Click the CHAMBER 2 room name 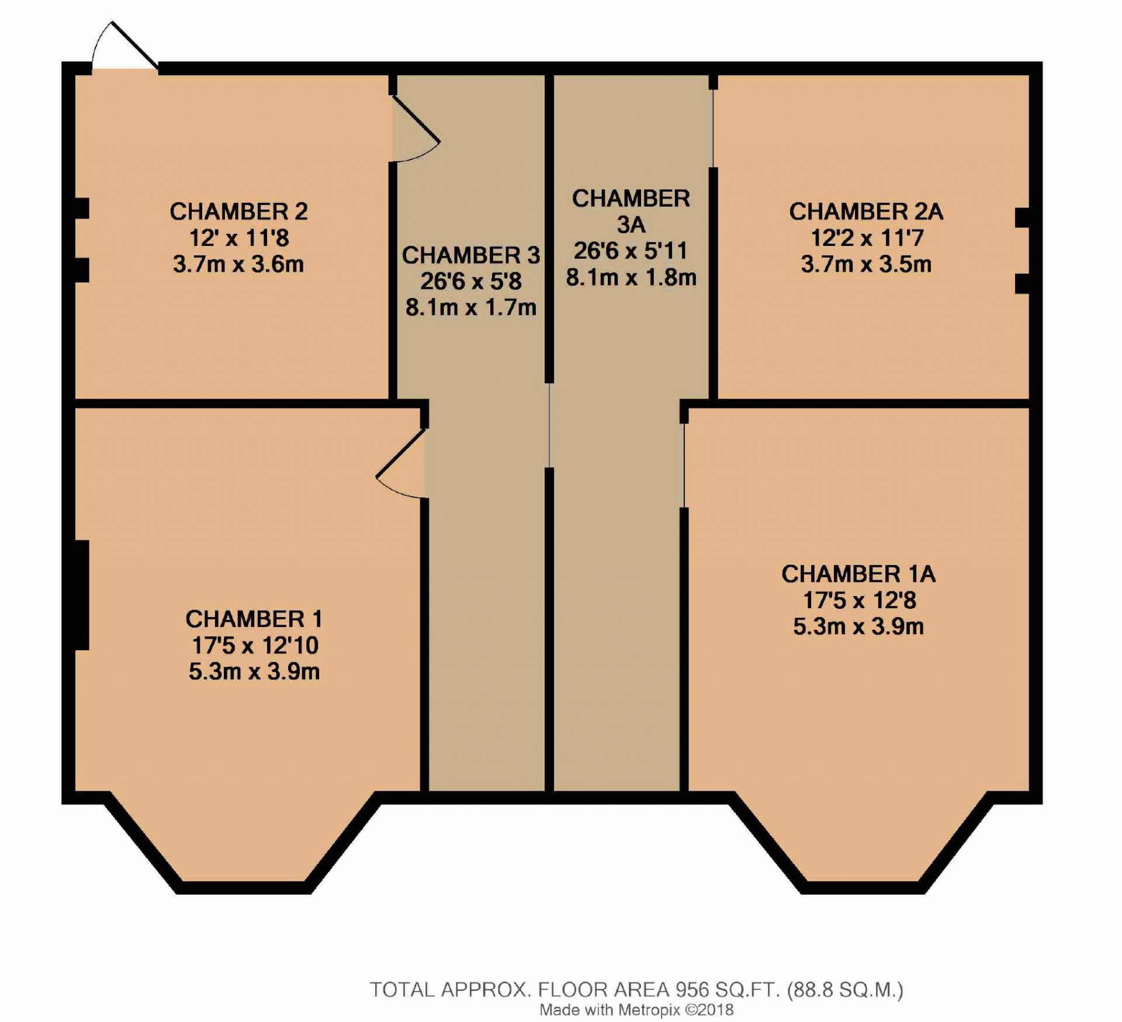(238, 212)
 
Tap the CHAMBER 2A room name (866, 212)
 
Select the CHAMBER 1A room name (858, 574)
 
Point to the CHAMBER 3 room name (471, 255)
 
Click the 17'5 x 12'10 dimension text (255, 646)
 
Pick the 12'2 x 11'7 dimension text (867, 238)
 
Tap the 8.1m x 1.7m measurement (471, 307)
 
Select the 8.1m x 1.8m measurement (631, 278)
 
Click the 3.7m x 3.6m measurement (238, 264)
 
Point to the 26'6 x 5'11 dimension (631, 251)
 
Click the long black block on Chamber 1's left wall (82, 595)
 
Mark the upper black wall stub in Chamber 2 (82, 209)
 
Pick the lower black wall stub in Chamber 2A (1022, 283)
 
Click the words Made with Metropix (610, 1010)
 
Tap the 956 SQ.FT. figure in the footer (728, 990)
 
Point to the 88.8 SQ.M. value (845, 990)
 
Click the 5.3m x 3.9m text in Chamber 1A (858, 627)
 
